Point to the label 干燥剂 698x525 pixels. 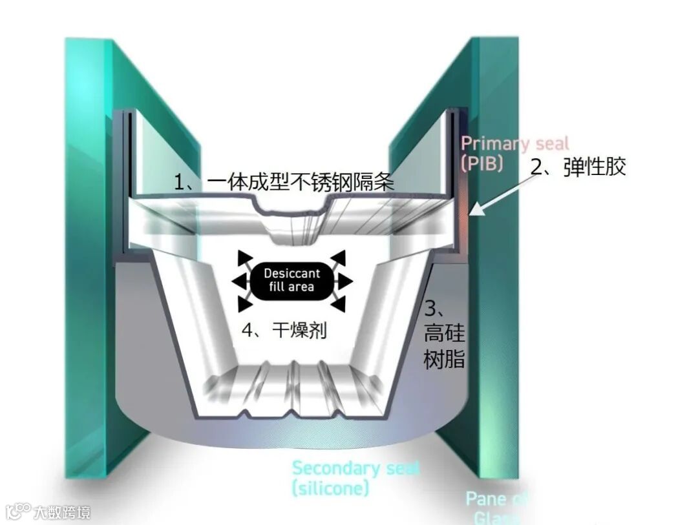(x=300, y=331)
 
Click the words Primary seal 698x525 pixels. (x=514, y=144)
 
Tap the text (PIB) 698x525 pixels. (x=482, y=163)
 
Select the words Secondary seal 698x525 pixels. (x=355, y=468)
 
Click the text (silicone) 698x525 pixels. (x=330, y=488)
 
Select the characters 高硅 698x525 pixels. (x=445, y=334)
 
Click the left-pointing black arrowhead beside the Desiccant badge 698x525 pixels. (x=238, y=281)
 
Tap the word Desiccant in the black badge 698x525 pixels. (x=291, y=274)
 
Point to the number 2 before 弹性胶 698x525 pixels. (x=537, y=167)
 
